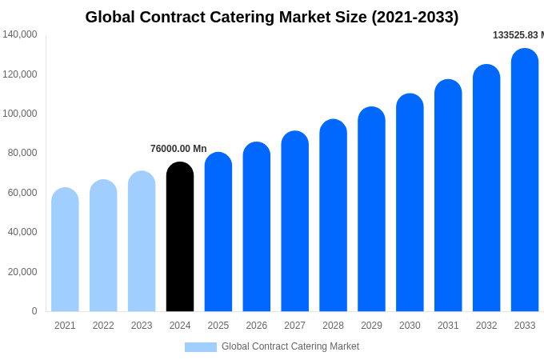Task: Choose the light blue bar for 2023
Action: (142, 242)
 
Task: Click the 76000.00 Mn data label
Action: (178, 149)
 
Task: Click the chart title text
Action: (272, 17)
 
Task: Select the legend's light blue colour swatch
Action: (201, 347)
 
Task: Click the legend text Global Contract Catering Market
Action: (290, 346)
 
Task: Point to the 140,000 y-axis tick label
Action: (20, 34)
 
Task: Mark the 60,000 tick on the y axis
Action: (22, 193)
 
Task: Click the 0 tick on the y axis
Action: (34, 311)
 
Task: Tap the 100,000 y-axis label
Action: (20, 114)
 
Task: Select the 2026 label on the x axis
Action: (257, 326)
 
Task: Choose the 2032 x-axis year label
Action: (486, 326)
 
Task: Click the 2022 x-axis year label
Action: (103, 326)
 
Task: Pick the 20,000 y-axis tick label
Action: (22, 272)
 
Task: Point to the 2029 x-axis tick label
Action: (371, 326)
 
